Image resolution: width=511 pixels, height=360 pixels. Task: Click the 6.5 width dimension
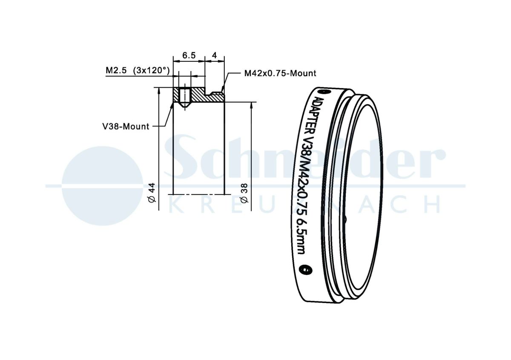pos(189,55)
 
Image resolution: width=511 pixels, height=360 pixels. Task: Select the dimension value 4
pos(214,55)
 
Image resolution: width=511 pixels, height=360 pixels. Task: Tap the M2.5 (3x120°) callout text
pos(138,71)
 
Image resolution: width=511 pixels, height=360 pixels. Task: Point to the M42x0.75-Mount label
pos(280,73)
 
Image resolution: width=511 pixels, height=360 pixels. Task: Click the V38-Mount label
pos(126,126)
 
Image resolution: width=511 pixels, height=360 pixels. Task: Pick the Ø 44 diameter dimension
pos(152,192)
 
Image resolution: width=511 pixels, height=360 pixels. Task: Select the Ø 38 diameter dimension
pos(244,193)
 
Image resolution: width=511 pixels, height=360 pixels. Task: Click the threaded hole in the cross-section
pos(184,97)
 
